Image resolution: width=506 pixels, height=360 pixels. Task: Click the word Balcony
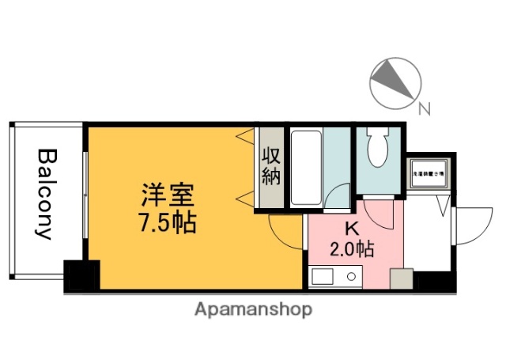pos(45,194)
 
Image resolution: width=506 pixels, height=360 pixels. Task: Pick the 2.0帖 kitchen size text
pos(351,250)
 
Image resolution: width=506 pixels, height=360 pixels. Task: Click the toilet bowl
pos(377,149)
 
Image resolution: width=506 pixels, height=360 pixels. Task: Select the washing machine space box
pos(428,172)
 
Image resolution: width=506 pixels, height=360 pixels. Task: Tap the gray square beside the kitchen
pos(401,279)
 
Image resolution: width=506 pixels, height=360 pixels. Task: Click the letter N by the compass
pos(424,110)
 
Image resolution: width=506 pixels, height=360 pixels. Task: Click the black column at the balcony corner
pos(81,275)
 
